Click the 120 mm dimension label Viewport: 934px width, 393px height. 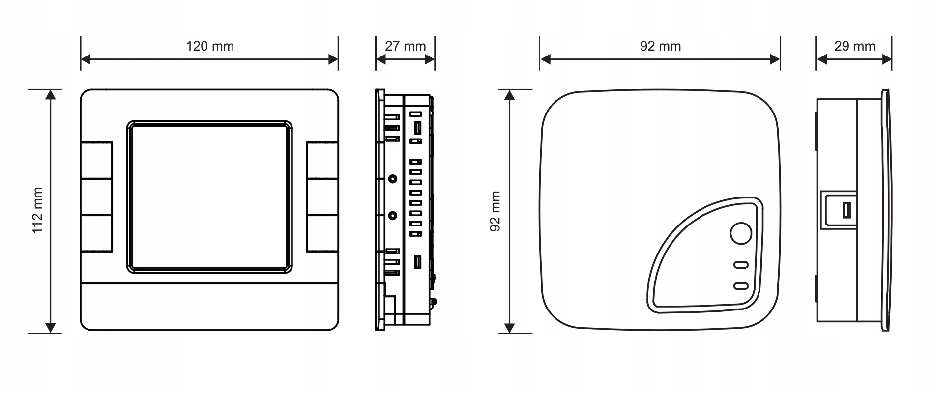click(210, 46)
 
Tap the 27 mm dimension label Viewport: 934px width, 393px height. click(406, 46)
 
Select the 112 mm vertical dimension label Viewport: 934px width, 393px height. click(38, 211)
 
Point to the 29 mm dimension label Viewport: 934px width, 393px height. click(855, 46)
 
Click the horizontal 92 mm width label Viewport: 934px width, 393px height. click(661, 46)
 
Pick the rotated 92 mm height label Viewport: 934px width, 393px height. click(496, 211)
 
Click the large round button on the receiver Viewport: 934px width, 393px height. click(741, 234)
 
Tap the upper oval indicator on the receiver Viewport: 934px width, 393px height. click(741, 265)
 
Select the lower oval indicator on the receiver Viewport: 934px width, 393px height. click(741, 286)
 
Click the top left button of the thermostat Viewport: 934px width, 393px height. click(97, 161)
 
